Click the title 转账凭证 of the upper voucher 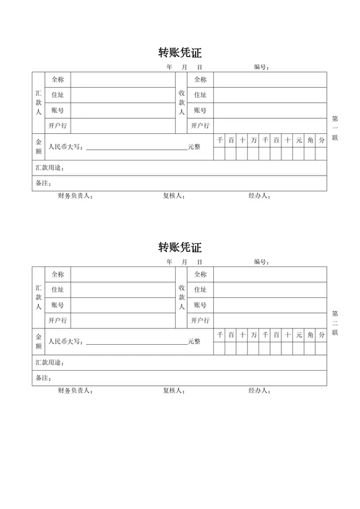point(180,53)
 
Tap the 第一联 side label point(335,127)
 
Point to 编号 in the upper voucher point(261,68)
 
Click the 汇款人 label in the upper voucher point(38,103)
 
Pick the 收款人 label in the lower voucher point(181,297)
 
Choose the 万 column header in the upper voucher point(253,140)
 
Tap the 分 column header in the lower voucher point(321,335)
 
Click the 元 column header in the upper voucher point(298,140)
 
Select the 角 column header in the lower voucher point(310,335)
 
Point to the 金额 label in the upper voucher point(38,147)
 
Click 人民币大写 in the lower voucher point(66,342)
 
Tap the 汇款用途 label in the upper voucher point(50,168)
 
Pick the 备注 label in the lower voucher point(43,379)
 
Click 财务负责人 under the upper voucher point(75,196)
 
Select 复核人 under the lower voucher point(174,391)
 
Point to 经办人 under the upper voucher point(258,196)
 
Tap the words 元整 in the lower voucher point(194,342)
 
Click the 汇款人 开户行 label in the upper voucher point(58,126)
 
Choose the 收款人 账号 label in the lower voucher point(199,305)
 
